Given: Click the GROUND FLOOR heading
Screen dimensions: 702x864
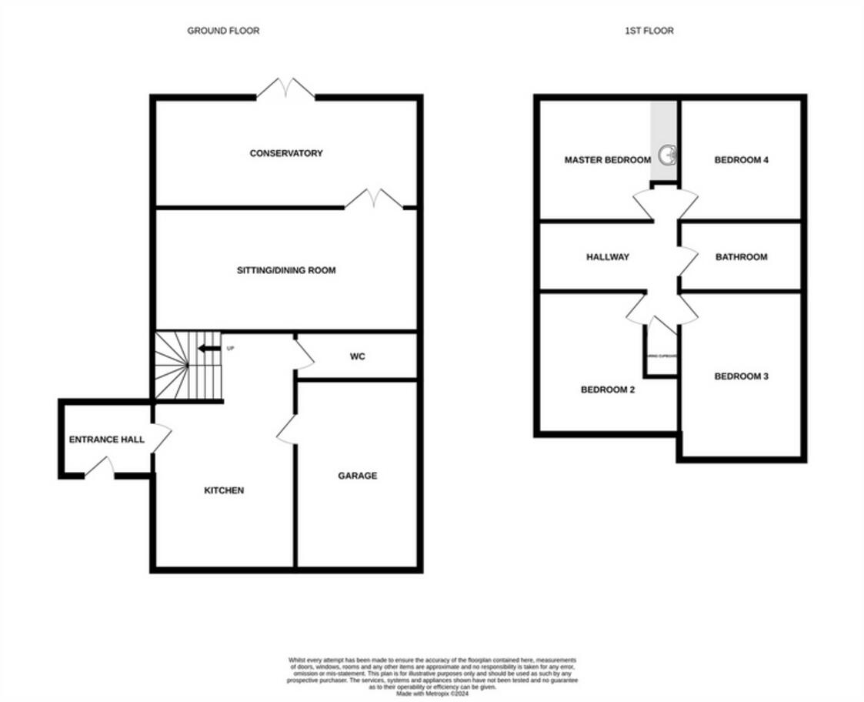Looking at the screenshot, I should point(223,31).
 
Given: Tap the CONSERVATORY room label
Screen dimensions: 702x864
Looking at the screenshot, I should point(286,153).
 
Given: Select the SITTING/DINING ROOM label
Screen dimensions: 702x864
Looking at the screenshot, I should point(286,270).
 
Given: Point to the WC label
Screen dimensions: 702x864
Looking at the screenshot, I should point(357,357).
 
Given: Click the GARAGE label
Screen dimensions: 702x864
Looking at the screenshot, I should point(358,476).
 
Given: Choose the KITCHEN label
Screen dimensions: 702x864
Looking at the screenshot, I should point(224,490).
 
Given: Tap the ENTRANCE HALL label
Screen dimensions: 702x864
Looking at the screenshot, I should point(107,440).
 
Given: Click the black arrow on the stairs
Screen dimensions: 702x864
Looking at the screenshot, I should point(206,349).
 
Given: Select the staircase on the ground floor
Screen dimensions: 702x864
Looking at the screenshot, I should point(188,366).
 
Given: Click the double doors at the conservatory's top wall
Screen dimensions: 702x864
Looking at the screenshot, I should point(285,89).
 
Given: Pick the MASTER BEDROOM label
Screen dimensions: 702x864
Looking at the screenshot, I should point(608,160).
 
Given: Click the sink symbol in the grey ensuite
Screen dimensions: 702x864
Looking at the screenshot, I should point(666,155).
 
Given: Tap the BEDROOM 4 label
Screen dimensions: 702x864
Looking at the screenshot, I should point(742,160).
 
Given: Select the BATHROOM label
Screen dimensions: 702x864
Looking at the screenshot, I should point(741,257).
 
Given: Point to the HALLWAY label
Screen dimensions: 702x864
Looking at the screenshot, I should point(608,257).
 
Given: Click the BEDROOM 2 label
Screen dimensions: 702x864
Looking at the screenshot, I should point(607,389).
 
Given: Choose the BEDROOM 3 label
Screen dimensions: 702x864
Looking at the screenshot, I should point(742,376).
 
